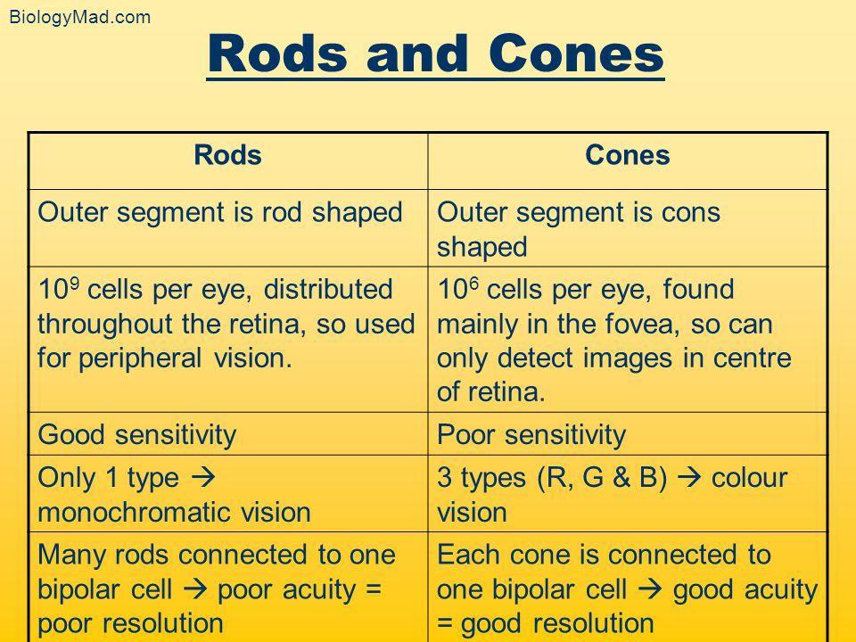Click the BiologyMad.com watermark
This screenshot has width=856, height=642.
[x=79, y=17]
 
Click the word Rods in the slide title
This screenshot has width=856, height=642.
[x=277, y=53]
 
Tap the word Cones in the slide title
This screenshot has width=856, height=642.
[x=576, y=53]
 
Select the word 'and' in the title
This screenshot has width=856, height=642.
[x=417, y=53]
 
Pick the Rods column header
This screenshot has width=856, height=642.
[x=227, y=155]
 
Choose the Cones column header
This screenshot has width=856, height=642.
[x=627, y=155]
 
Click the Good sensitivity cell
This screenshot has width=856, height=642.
[x=137, y=435]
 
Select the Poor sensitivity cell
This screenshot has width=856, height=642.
[x=531, y=435]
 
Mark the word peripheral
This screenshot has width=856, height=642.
[x=140, y=359]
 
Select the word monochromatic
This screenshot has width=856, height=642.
[x=136, y=513]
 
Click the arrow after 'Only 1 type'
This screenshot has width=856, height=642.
[x=203, y=478]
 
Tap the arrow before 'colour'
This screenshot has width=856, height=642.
[x=688, y=478]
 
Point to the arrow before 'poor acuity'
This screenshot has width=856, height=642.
[x=195, y=589]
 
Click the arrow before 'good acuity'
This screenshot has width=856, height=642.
[x=650, y=589]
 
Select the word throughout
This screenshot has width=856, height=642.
[x=105, y=325]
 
